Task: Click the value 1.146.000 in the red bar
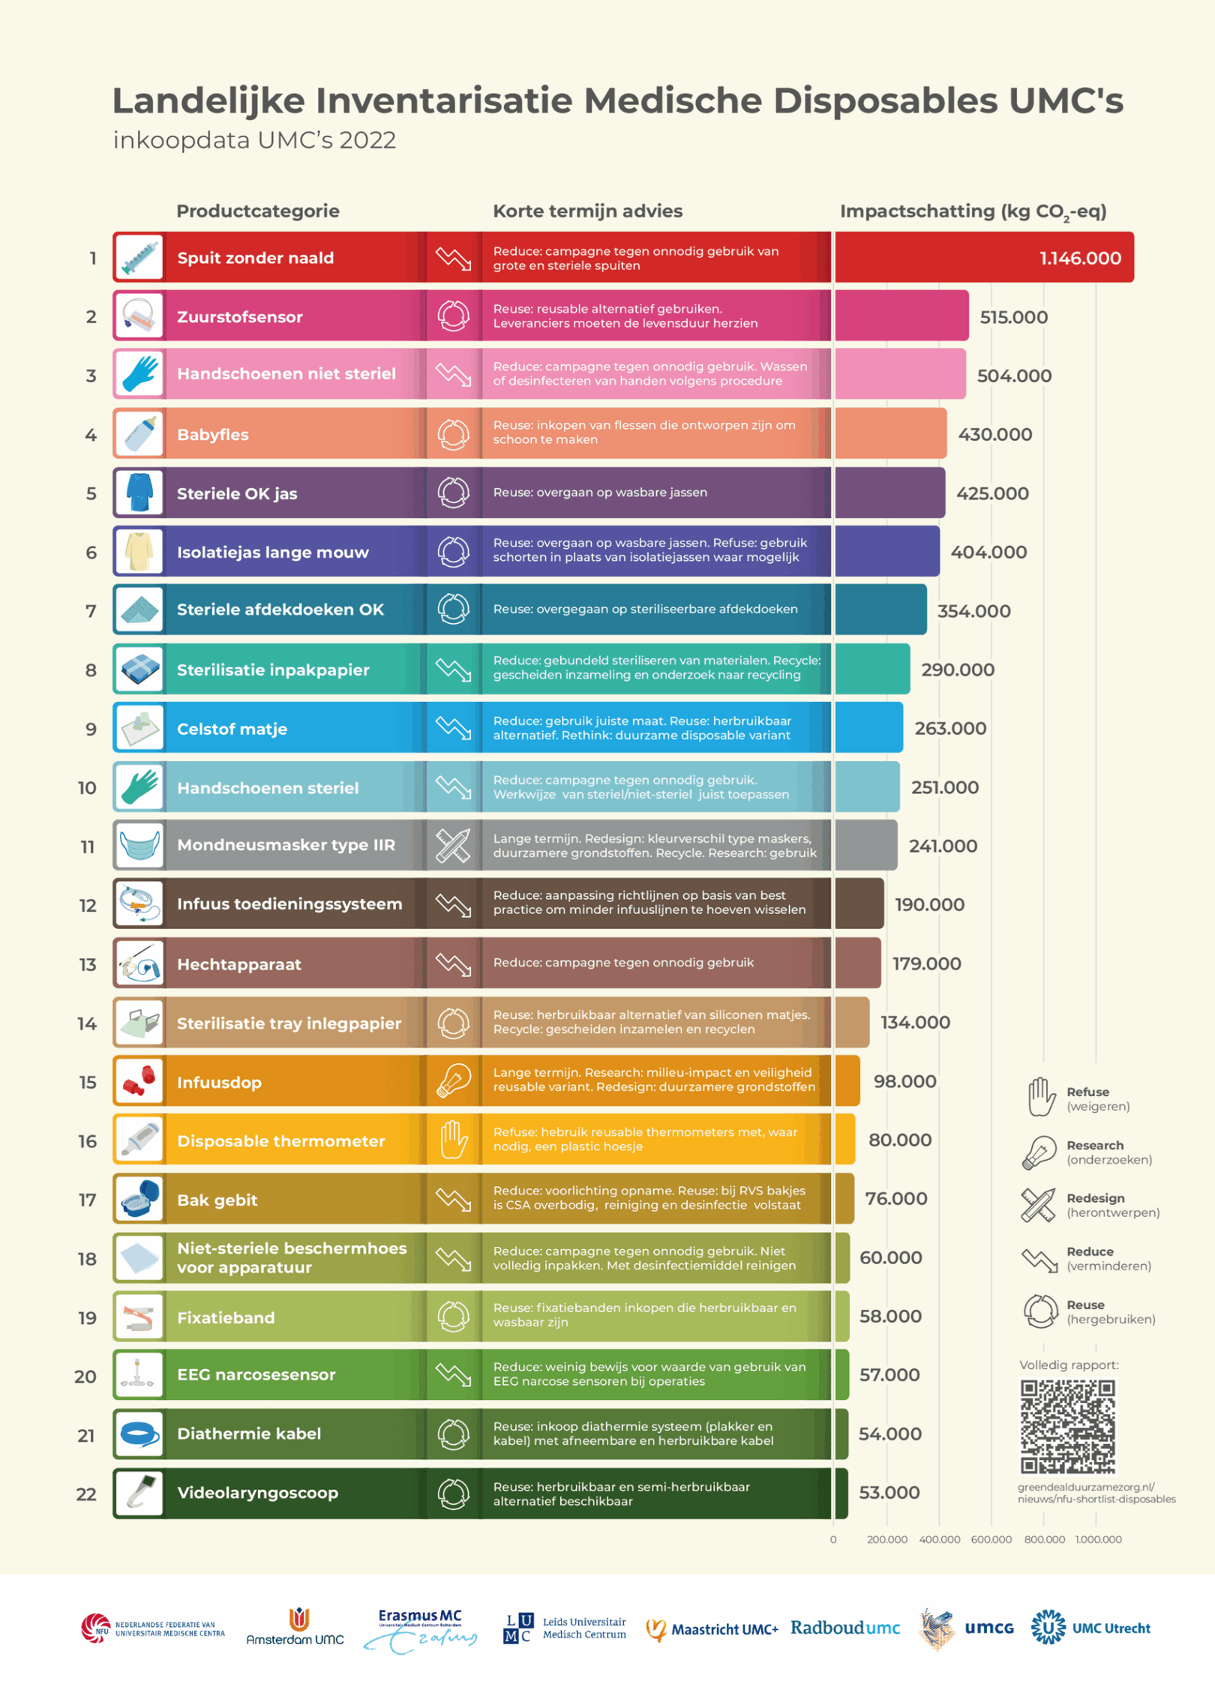1079,258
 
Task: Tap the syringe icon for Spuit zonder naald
139,257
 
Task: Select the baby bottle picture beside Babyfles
139,434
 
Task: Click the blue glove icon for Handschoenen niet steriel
139,373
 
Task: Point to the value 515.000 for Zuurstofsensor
1013,317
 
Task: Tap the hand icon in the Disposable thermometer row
453,1140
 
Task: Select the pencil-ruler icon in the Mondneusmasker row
453,846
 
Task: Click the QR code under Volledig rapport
1067,1427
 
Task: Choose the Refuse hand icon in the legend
1041,1098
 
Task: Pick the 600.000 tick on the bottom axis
991,1539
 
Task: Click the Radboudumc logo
844,1628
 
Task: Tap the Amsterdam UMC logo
295,1628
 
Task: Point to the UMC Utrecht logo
1090,1628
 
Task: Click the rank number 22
86,1494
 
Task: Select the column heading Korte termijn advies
587,211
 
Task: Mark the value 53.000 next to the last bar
889,1493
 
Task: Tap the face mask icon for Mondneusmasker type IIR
139,846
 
